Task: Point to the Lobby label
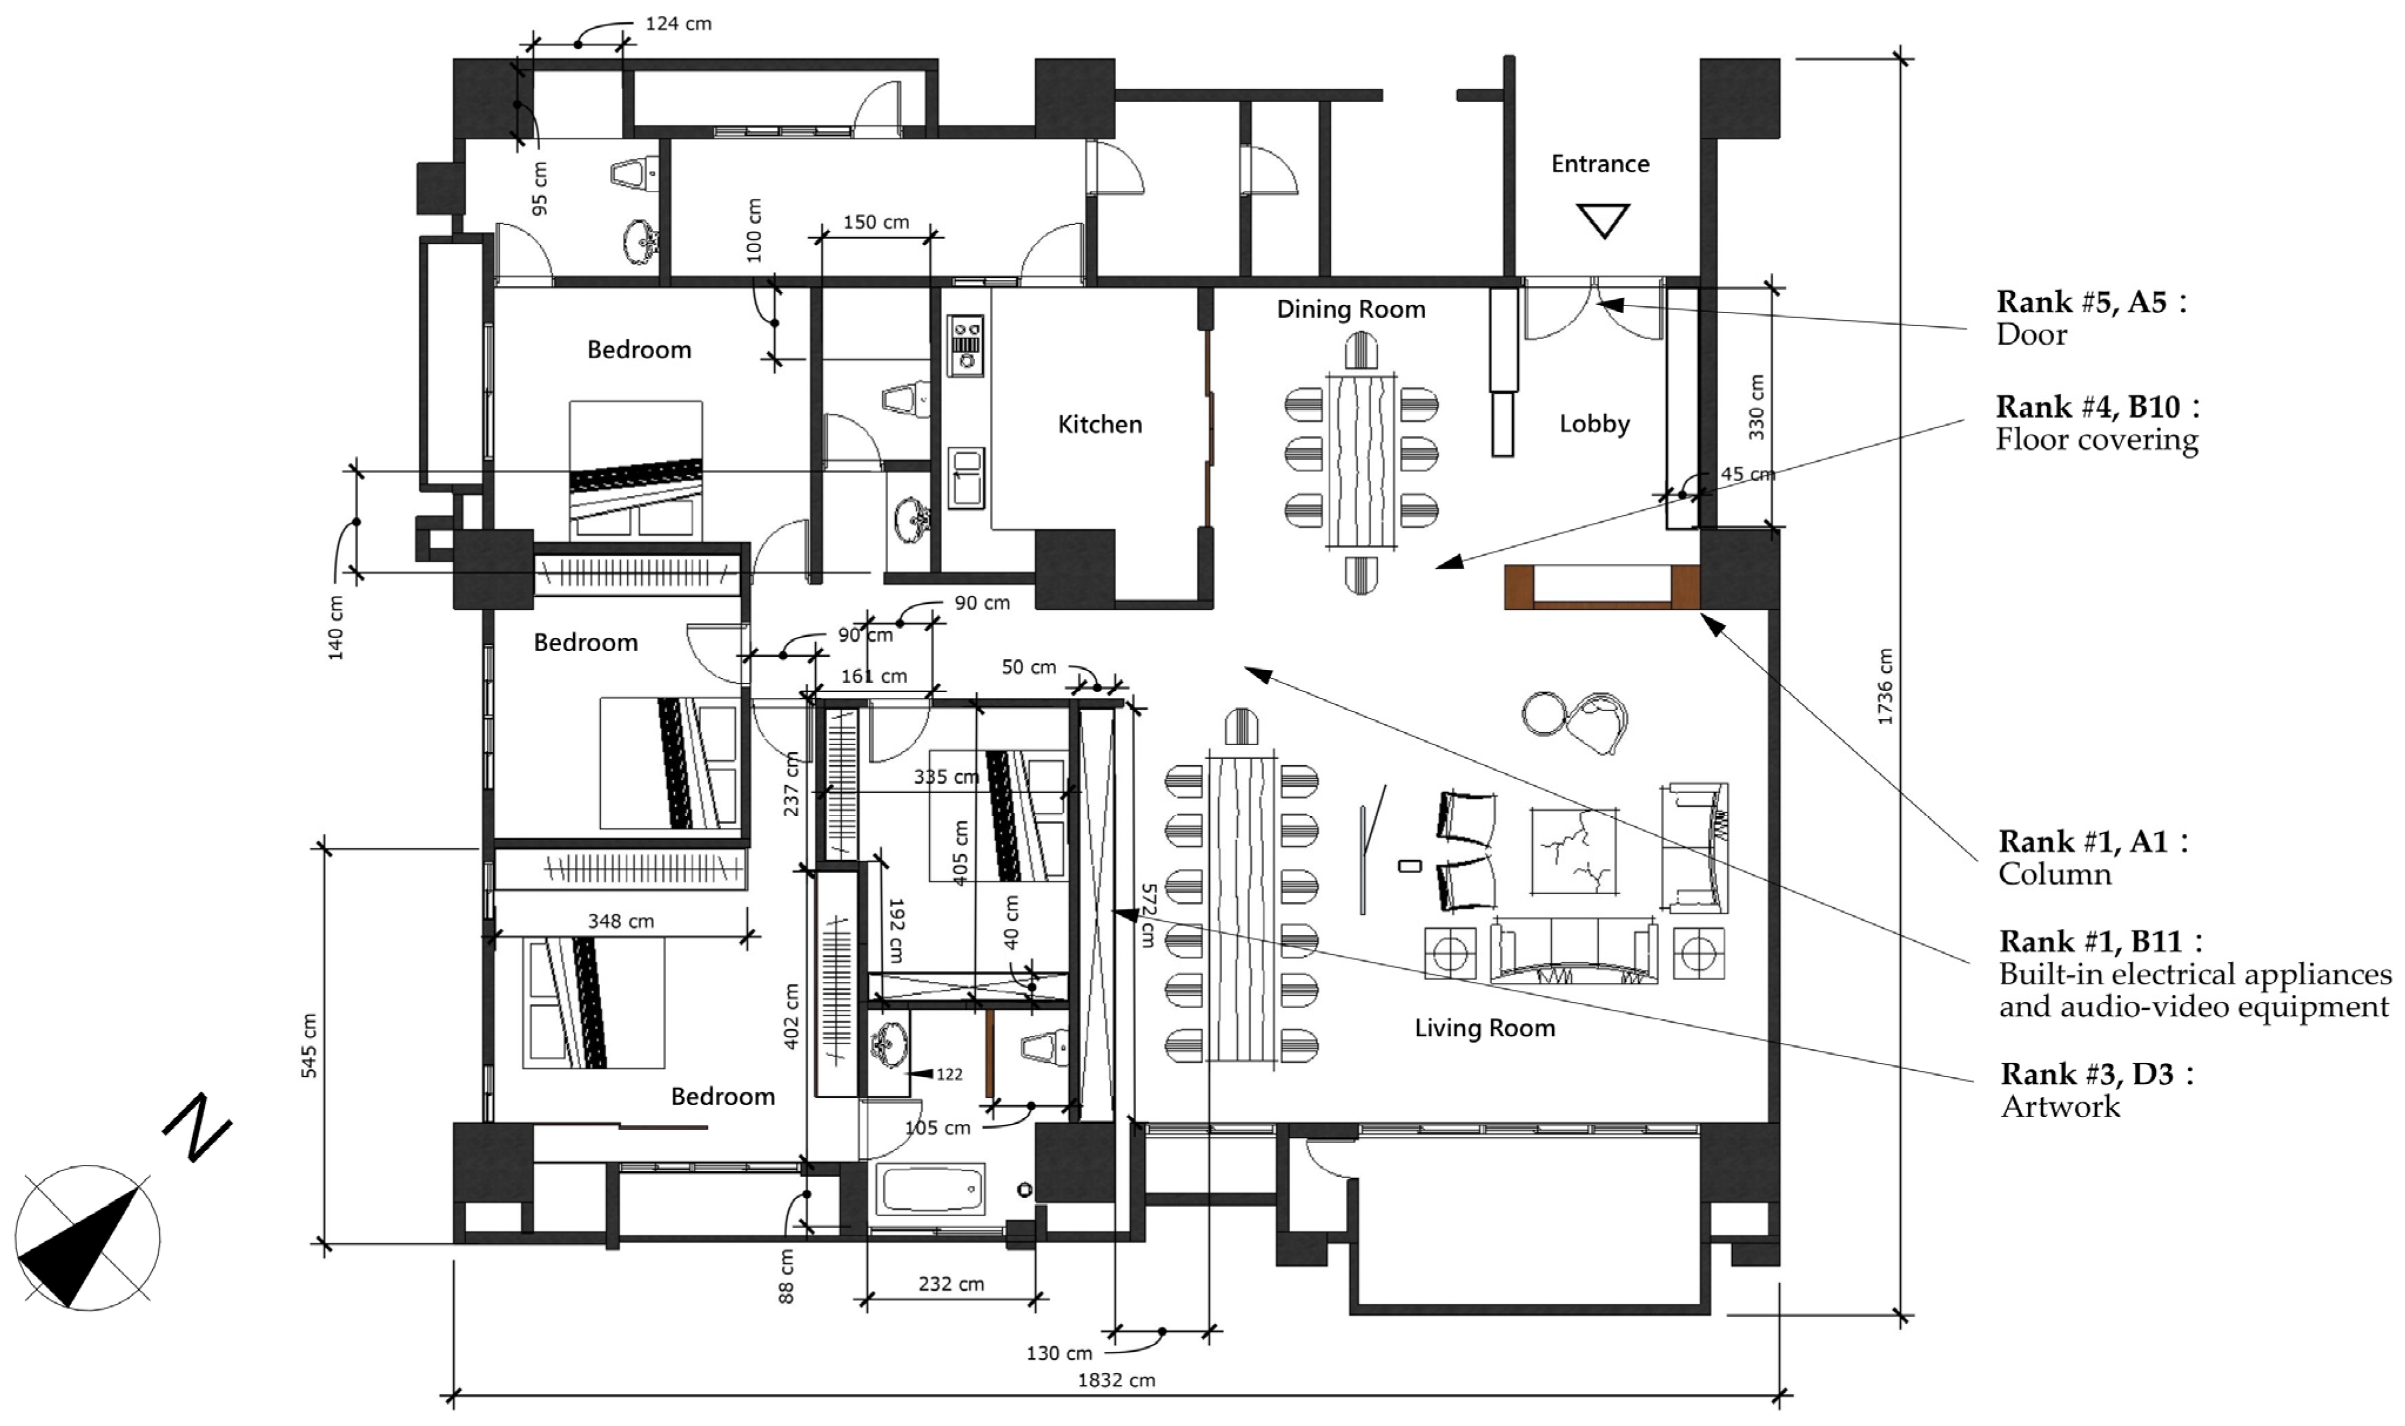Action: [1594, 424]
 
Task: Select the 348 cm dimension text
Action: [621, 921]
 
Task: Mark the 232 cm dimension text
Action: [951, 1284]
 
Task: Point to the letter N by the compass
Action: [197, 1126]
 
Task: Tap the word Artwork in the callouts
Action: [2060, 1107]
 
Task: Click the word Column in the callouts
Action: [2055, 874]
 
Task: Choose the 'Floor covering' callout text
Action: [2096, 440]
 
